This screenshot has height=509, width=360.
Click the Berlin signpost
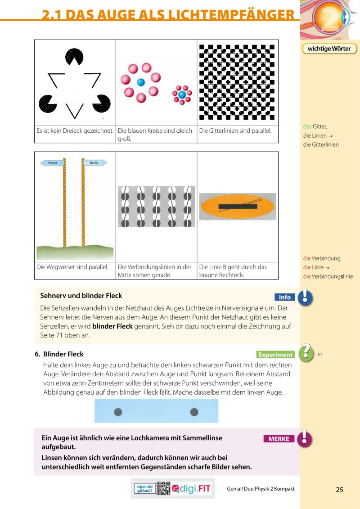tap(94, 163)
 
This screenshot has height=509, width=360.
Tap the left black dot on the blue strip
tap(118, 411)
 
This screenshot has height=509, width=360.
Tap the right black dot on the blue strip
tap(194, 411)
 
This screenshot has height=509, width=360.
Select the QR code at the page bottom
tap(163, 488)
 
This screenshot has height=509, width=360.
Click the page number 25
tap(339, 490)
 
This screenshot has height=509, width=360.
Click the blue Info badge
tap(285, 297)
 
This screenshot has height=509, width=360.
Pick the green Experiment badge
tap(275, 355)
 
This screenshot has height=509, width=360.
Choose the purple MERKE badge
tap(279, 439)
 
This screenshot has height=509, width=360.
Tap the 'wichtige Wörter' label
tap(329, 49)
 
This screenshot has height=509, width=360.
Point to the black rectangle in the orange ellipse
tap(238, 207)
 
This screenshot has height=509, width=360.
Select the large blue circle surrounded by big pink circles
tap(141, 82)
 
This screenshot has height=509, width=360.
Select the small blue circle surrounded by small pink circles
tap(182, 95)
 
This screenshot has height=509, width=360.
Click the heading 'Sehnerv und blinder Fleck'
tap(81, 296)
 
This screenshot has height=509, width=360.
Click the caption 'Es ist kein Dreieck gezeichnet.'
tap(75, 131)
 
